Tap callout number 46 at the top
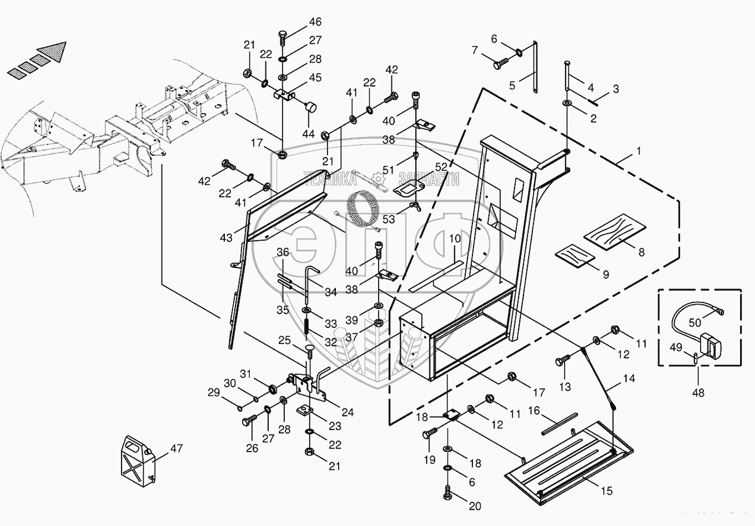315,22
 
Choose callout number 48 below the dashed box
698,392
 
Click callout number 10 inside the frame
455,239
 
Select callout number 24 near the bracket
348,412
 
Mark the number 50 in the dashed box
694,322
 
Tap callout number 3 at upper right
615,89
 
